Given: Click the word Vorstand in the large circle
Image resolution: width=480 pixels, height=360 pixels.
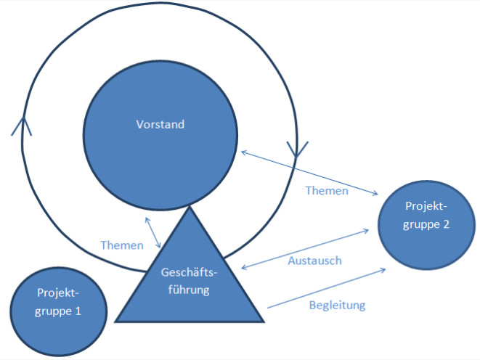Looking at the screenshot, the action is pyautogui.click(x=160, y=124).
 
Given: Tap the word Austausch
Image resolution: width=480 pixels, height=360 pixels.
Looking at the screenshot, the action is pyautogui.click(x=314, y=261).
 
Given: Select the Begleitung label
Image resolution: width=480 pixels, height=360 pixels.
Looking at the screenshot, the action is pyautogui.click(x=338, y=306).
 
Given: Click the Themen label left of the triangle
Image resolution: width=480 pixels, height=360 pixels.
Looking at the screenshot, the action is pyautogui.click(x=122, y=245).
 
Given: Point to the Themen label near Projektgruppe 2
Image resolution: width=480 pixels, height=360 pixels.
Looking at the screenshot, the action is pyautogui.click(x=327, y=191).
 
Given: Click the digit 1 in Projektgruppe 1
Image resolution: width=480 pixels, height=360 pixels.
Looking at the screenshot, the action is pyautogui.click(x=78, y=311).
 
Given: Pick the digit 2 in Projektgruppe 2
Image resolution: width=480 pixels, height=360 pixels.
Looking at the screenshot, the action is pyautogui.click(x=446, y=224).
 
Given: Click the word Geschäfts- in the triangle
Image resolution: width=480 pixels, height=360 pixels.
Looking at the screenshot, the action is pyautogui.click(x=190, y=272).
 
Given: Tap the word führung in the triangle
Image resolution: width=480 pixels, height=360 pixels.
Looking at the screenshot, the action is pyautogui.click(x=189, y=290).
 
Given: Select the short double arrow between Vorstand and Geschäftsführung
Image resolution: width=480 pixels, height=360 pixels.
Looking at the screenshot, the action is pyautogui.click(x=152, y=232).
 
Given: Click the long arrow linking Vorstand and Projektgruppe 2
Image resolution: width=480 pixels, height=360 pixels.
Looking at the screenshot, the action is pyautogui.click(x=310, y=173).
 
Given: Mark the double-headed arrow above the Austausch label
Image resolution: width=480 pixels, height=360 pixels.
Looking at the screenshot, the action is pyautogui.click(x=305, y=249).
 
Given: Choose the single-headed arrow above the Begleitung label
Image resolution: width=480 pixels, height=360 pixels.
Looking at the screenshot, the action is pyautogui.click(x=327, y=288).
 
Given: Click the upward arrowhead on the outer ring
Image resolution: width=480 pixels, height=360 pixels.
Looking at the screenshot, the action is pyautogui.click(x=22, y=126).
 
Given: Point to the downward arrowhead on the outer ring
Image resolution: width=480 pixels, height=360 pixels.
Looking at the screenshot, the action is pyautogui.click(x=296, y=150).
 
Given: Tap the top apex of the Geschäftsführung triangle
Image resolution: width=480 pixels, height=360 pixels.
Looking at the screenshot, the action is pyautogui.click(x=190, y=206).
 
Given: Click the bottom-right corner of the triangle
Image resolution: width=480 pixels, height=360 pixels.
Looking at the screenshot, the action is pyautogui.click(x=264, y=322).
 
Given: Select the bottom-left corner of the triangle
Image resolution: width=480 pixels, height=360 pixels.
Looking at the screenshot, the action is pyautogui.click(x=115, y=322).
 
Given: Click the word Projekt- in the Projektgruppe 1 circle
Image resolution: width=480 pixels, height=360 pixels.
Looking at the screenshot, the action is pyautogui.click(x=58, y=293).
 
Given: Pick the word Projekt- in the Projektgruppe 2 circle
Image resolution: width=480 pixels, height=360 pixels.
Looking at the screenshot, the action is pyautogui.click(x=426, y=206).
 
